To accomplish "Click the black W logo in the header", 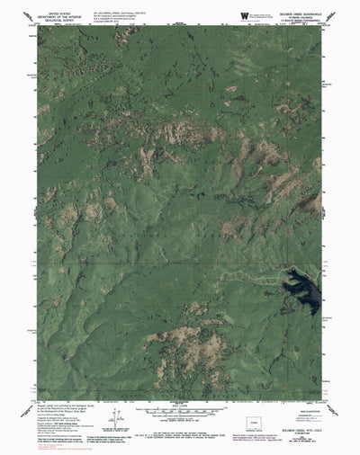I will (245, 16).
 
